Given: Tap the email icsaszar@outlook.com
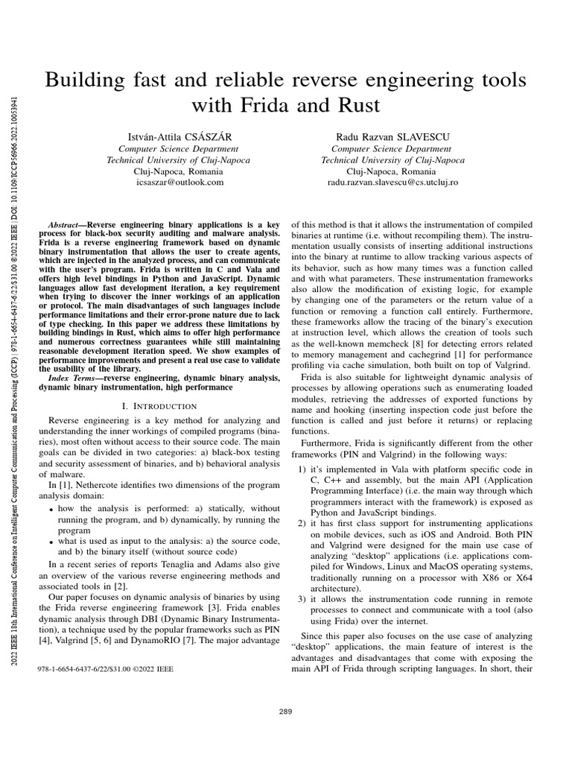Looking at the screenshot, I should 179,181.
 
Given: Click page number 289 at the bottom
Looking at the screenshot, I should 285,712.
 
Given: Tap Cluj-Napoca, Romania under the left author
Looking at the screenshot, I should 179,171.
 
